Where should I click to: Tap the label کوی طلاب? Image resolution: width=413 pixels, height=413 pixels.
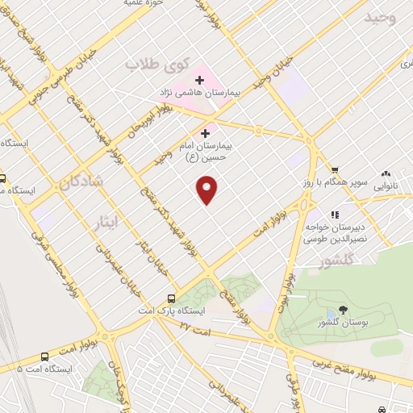point(158,63)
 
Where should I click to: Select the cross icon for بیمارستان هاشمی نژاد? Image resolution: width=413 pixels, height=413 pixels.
point(199,80)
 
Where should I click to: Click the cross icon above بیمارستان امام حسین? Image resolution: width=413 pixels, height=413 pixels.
point(205,133)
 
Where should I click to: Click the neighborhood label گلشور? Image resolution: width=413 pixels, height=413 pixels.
point(336,261)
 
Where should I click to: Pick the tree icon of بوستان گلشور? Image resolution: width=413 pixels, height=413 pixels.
point(343,310)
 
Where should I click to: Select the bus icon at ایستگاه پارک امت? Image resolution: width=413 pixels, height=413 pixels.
point(170,298)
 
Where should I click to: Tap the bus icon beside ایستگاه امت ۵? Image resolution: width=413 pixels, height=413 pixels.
point(44,356)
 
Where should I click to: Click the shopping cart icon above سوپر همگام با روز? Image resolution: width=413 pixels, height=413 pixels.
point(334,170)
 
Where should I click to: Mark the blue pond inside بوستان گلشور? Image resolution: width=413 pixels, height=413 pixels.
point(331,314)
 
